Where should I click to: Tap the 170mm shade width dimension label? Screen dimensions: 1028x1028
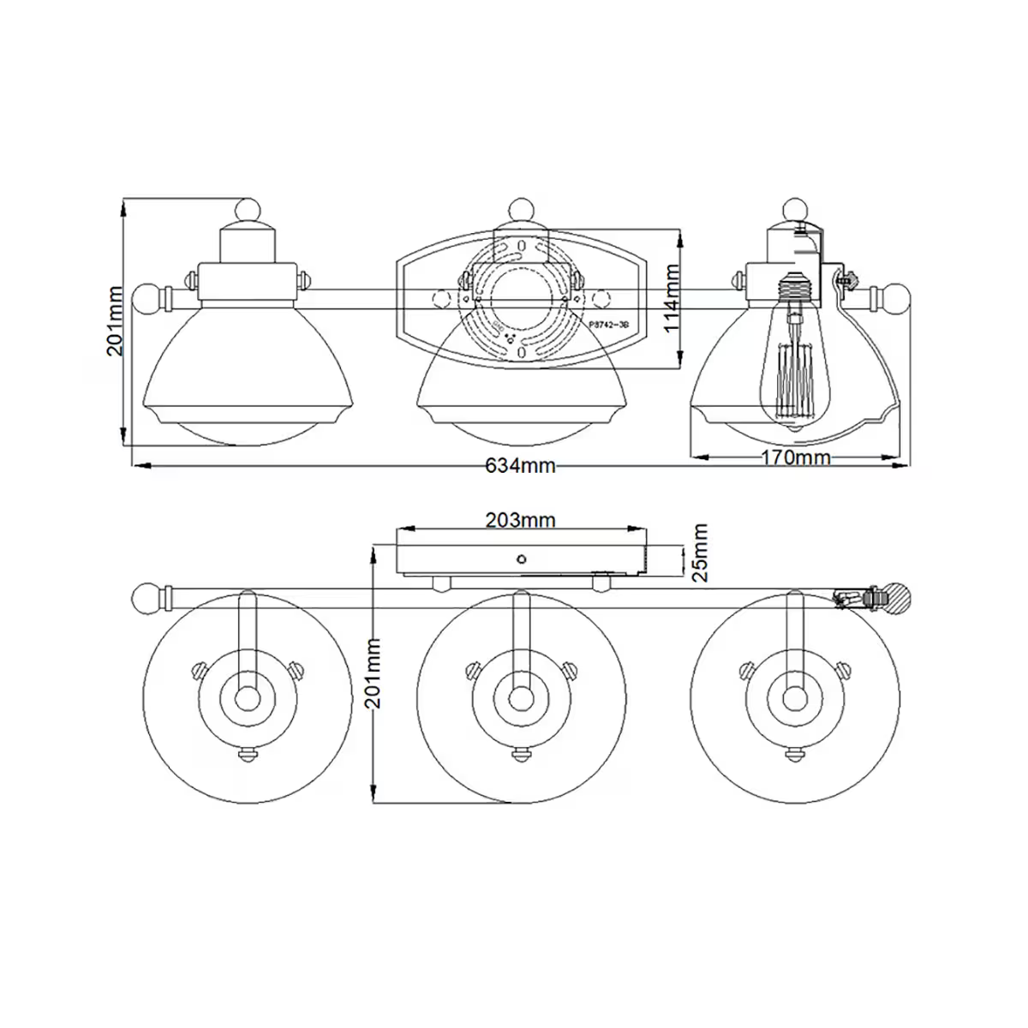(796, 457)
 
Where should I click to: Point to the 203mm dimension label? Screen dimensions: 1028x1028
(520, 519)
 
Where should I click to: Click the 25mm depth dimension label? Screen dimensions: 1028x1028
(701, 553)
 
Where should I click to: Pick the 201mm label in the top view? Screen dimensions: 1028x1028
(119, 320)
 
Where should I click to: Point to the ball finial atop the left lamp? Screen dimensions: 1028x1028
(248, 211)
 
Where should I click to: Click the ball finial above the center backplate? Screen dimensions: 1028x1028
(521, 210)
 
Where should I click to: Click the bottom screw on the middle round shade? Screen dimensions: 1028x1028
(520, 754)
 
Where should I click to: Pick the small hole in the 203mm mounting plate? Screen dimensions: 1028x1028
(521, 558)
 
